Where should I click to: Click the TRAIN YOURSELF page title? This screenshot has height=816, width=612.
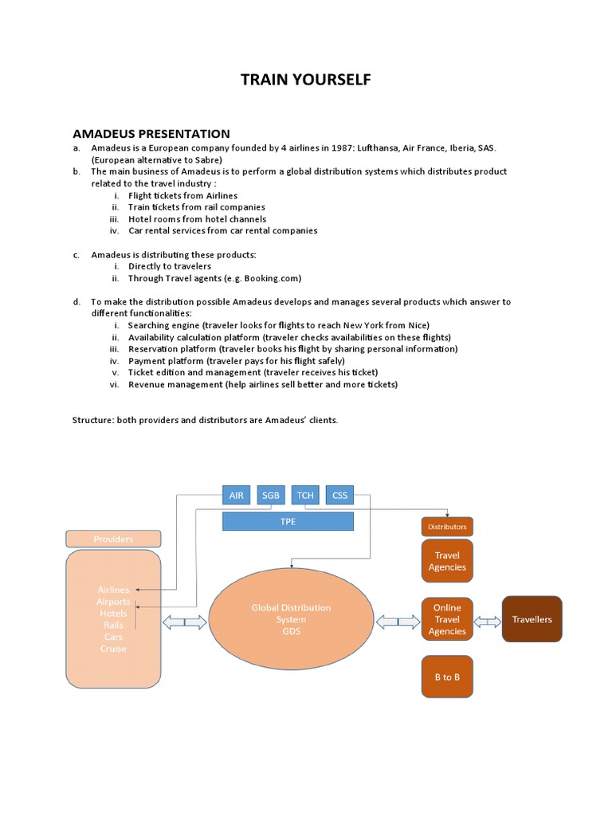(x=305, y=80)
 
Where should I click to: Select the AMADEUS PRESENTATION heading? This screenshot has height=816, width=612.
(x=151, y=134)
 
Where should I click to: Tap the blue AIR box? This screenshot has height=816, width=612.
(x=236, y=495)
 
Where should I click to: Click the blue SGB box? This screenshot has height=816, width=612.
(x=271, y=495)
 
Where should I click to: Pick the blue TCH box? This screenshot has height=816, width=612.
(x=305, y=495)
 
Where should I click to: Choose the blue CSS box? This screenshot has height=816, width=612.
(x=339, y=495)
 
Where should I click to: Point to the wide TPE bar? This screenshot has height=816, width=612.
(x=288, y=522)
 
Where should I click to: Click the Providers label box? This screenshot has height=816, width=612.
(x=113, y=539)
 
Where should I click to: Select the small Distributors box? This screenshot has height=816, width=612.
(x=447, y=527)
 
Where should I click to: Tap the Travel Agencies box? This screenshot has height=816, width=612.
(x=447, y=561)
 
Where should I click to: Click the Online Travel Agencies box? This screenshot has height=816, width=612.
(x=447, y=619)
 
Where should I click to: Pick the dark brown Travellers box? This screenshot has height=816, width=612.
(x=532, y=619)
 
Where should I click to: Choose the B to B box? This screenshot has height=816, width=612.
(x=447, y=677)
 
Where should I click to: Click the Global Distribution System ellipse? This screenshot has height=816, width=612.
(x=291, y=619)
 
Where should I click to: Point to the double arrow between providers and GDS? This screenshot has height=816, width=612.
(x=185, y=621)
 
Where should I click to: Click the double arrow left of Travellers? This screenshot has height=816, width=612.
(x=487, y=620)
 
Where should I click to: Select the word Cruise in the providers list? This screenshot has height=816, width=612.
(x=113, y=649)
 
